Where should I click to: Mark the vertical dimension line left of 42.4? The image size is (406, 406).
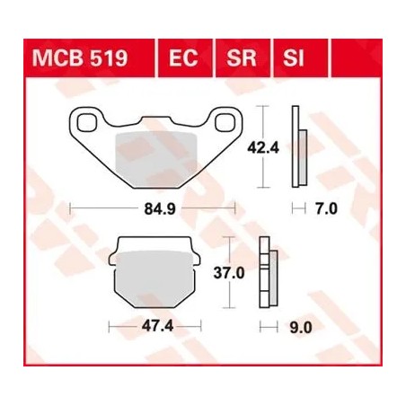[261, 146]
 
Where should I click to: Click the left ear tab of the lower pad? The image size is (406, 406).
[113, 260]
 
